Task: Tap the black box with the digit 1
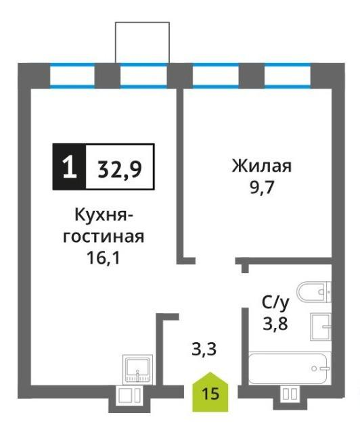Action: coord(69,167)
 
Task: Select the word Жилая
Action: coord(261,166)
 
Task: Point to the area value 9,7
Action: coord(261,188)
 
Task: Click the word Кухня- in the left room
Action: coord(104,216)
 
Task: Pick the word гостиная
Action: coord(104,237)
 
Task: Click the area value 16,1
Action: coord(104,258)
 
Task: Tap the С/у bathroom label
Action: coord(275,303)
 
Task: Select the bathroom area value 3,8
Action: coord(275,323)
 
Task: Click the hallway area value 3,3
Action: coord(204,349)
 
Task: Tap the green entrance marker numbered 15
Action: coord(210,392)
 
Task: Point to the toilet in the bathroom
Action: coord(314,292)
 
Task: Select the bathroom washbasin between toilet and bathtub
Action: coord(321,327)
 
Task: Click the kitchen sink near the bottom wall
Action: coord(137,369)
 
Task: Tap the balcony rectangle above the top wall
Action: coord(142,43)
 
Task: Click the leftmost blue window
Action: coord(72,76)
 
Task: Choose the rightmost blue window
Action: coord(288,76)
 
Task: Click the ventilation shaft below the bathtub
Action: coord(290,393)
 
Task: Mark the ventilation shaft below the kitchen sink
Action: coord(130,395)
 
